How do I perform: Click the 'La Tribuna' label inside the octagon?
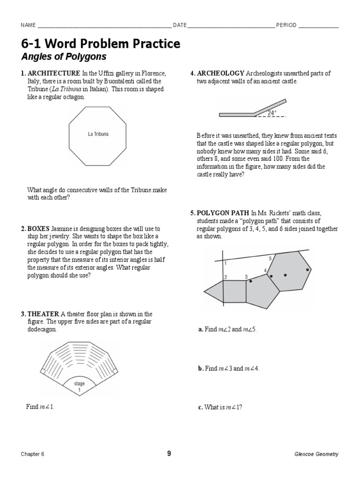pyautogui.click(x=98, y=134)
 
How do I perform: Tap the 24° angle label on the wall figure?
pyautogui.click(x=272, y=113)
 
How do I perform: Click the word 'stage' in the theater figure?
pyautogui.click(x=79, y=383)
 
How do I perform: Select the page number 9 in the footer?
pyautogui.click(x=169, y=453)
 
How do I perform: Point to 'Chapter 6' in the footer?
pyautogui.click(x=32, y=454)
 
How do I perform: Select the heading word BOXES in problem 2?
pyautogui.click(x=38, y=229)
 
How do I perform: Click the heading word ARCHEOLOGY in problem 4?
pyautogui.click(x=220, y=74)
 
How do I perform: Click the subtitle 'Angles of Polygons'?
pyautogui.click(x=64, y=57)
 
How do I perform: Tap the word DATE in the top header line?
pyautogui.click(x=180, y=25)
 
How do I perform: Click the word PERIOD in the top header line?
pyautogui.click(x=286, y=25)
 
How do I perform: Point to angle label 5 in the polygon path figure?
pyautogui.click(x=270, y=259)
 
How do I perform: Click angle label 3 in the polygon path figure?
pyautogui.click(x=246, y=277)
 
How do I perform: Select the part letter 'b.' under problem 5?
pyautogui.click(x=201, y=368)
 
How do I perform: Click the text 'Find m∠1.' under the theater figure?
pyautogui.click(x=40, y=407)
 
